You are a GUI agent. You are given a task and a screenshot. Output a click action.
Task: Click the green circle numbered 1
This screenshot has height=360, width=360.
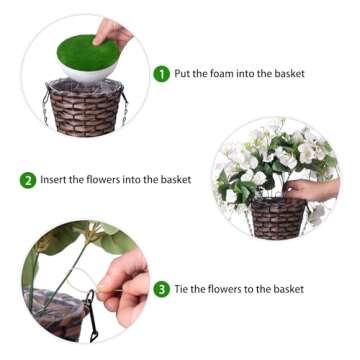161,73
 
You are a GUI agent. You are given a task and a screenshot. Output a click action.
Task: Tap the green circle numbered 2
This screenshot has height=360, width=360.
28,181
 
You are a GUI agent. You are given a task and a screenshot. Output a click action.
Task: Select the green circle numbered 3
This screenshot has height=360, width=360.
162,289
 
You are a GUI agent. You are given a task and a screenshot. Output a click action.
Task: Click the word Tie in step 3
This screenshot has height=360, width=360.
183,289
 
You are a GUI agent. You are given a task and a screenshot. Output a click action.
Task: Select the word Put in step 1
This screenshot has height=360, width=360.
184,74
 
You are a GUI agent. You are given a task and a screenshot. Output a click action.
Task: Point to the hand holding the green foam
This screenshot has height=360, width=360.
113,34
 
